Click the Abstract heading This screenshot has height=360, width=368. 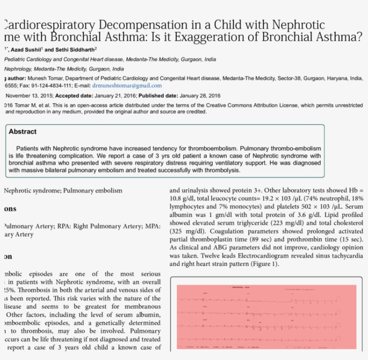[x=22, y=132]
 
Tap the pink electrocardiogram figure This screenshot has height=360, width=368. [x=267, y=317]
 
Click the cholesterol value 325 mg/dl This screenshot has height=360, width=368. [x=187, y=231]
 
